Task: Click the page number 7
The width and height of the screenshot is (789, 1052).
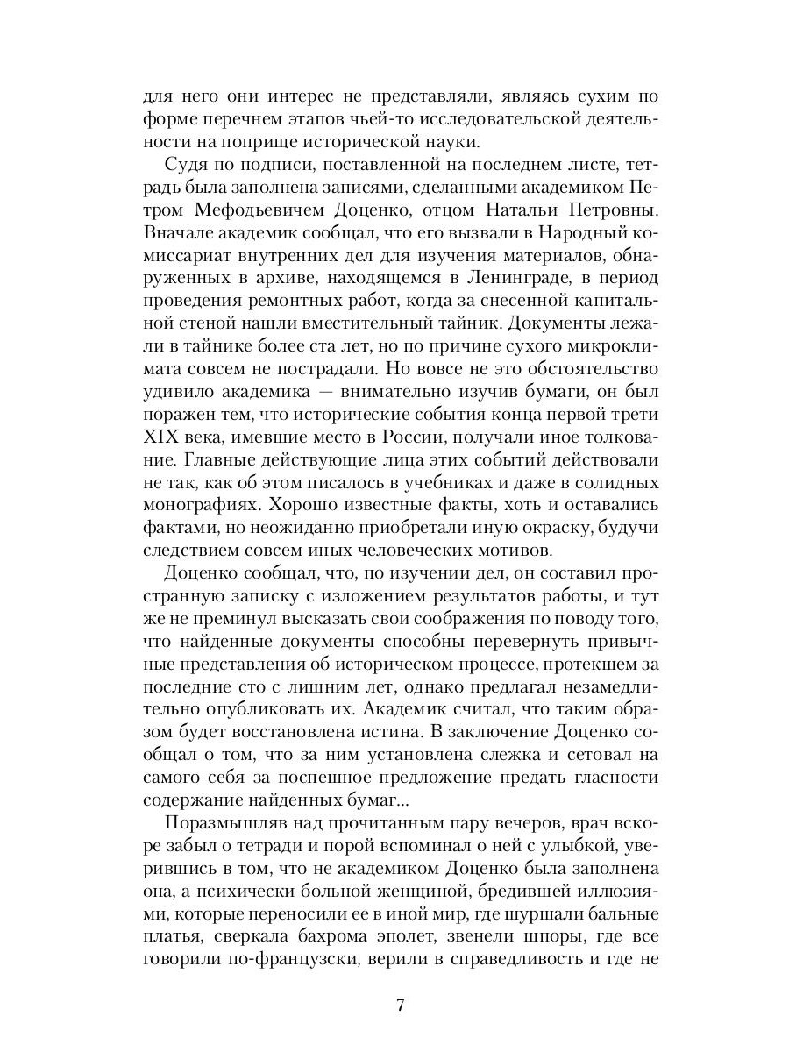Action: (x=399, y=1005)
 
